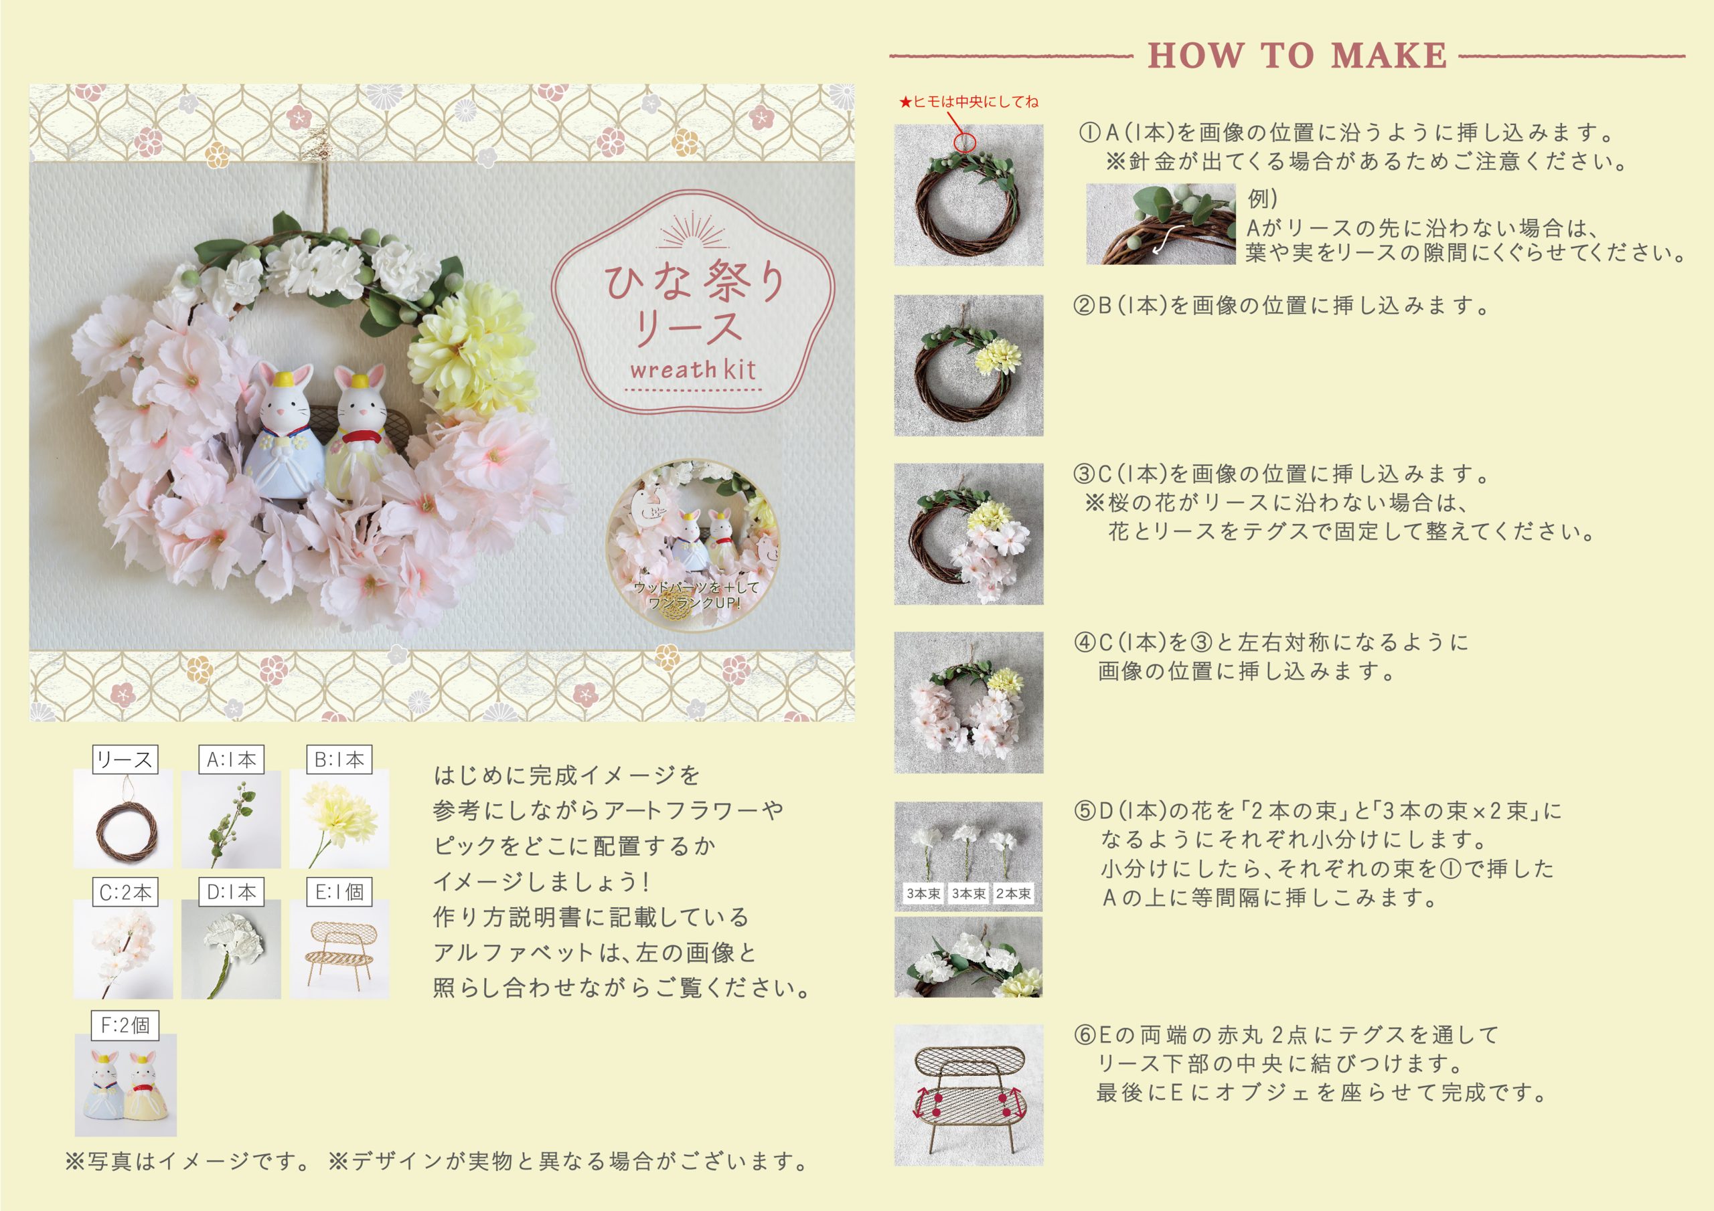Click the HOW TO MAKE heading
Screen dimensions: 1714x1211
pyautogui.click(x=1298, y=56)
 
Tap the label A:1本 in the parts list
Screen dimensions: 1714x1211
pyautogui.click(x=232, y=759)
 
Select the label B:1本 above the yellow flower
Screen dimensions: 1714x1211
pyautogui.click(x=339, y=759)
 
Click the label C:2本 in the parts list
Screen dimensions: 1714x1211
pyautogui.click(x=125, y=892)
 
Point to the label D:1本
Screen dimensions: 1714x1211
pyautogui.click(x=232, y=892)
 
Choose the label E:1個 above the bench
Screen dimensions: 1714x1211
pyautogui.click(x=339, y=892)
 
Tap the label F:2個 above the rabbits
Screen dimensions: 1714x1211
pyautogui.click(x=125, y=1025)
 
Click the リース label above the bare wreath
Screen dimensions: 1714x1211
pyautogui.click(x=125, y=759)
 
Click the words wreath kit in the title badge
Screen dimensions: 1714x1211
pyautogui.click(x=693, y=369)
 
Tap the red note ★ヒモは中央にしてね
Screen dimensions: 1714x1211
pyautogui.click(x=968, y=102)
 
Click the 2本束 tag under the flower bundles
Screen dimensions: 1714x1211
pyautogui.click(x=1013, y=893)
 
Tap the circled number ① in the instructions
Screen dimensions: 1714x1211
pyautogui.click(x=1089, y=133)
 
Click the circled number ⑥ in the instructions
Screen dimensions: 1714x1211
pyautogui.click(x=1085, y=1035)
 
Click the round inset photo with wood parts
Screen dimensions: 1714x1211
pyautogui.click(x=693, y=545)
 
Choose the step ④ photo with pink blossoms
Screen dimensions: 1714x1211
pyautogui.click(x=969, y=702)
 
